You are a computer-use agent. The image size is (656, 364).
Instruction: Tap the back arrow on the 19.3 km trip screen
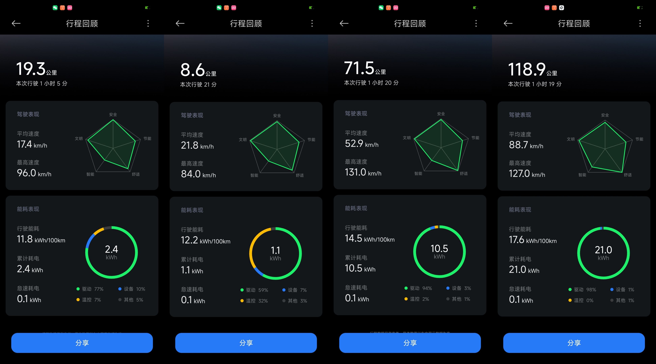16,24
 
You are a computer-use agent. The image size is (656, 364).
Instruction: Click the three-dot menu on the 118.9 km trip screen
640,24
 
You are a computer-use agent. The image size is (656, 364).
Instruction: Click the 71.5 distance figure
359,68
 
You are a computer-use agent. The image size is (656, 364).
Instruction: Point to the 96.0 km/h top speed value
34,173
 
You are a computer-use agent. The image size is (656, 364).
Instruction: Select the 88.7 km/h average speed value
526,145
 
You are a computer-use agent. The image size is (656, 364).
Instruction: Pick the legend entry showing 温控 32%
254,301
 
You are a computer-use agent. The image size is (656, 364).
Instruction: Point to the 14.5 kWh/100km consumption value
370,239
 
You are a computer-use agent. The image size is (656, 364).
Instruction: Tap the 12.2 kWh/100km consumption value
206,240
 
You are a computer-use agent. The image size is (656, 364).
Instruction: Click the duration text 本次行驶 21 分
198,84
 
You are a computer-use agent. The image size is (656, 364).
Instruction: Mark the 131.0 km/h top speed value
363,172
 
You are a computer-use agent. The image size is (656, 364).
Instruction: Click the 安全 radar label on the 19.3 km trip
113,114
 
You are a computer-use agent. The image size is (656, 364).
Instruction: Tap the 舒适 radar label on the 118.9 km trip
627,175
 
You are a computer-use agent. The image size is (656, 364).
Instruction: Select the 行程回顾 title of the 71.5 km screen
410,24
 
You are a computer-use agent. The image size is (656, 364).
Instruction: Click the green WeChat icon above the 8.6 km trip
219,8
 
